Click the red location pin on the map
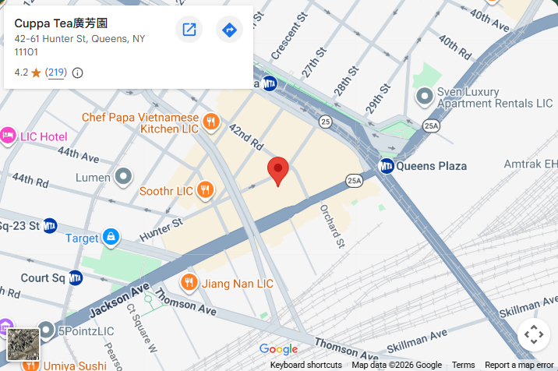click(x=278, y=170)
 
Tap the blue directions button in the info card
click(x=229, y=30)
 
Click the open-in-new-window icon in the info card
click(x=189, y=30)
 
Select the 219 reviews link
click(x=56, y=72)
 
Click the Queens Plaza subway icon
click(x=386, y=166)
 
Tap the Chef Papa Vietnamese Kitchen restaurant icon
click(x=210, y=122)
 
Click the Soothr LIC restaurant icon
click(x=205, y=189)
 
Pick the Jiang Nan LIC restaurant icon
click(x=189, y=282)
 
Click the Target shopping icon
click(x=111, y=236)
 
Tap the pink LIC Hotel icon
click(x=9, y=136)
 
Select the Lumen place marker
click(x=123, y=177)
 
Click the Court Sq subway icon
click(x=76, y=277)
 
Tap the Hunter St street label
click(x=161, y=229)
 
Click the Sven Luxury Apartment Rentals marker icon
click(x=424, y=97)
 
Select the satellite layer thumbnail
click(x=23, y=344)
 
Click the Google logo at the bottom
click(x=278, y=349)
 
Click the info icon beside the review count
click(x=77, y=72)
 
